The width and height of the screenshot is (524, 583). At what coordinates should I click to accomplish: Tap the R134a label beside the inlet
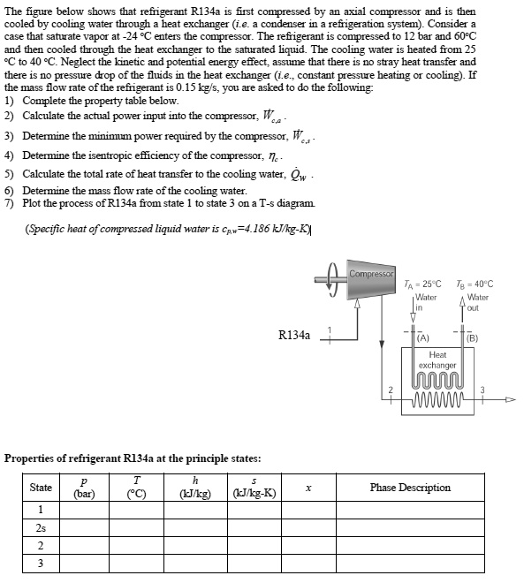293,336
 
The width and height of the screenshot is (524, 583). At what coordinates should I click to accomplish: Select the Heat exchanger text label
437,360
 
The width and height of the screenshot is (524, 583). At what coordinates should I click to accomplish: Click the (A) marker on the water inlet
422,337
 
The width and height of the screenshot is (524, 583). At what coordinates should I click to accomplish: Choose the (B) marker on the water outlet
472,337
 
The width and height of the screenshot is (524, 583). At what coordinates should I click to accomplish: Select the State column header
41,488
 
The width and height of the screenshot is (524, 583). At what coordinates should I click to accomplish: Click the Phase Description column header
410,488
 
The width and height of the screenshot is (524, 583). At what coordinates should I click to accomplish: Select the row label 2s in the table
41,526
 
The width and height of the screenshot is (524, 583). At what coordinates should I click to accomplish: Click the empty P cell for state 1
84,509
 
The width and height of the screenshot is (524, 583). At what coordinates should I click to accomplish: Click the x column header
308,488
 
